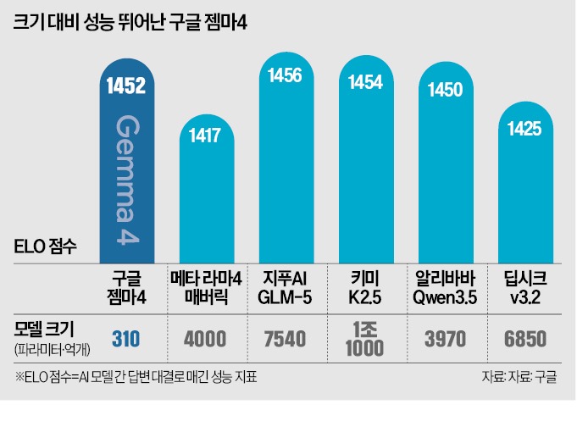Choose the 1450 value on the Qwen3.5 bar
[x=446, y=89]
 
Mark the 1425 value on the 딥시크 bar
[x=524, y=129]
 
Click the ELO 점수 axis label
[x=47, y=248]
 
